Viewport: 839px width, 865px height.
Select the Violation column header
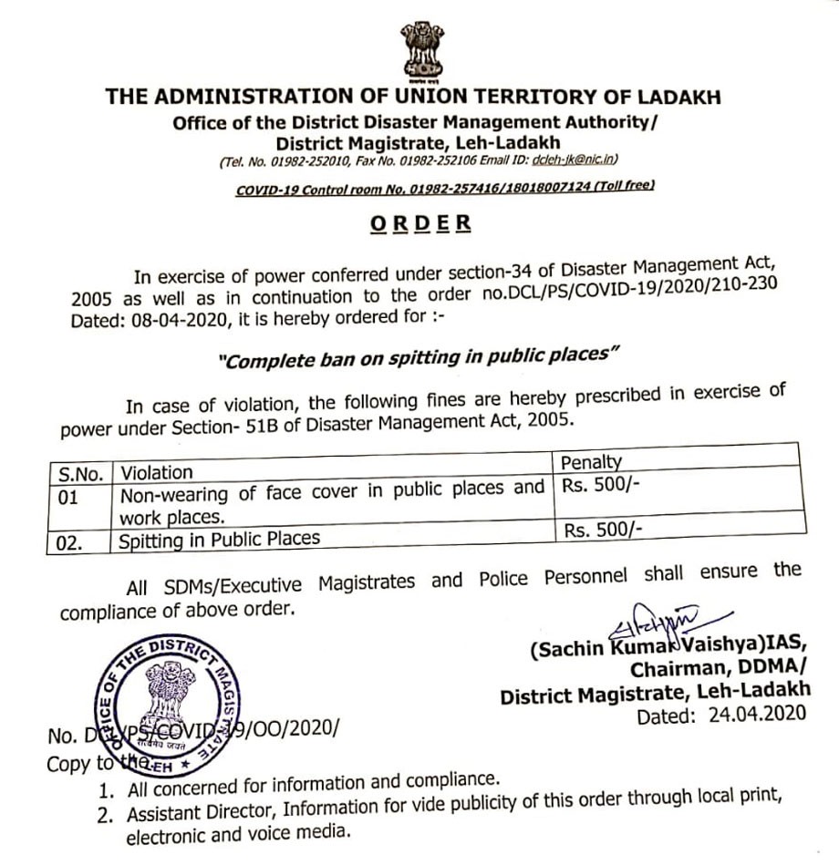click(157, 472)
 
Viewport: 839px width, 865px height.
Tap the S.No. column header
click(80, 473)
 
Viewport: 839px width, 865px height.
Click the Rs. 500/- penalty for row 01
click(600, 486)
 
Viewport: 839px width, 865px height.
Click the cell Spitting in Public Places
click(220, 539)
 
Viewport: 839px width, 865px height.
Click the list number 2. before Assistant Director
click(106, 813)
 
